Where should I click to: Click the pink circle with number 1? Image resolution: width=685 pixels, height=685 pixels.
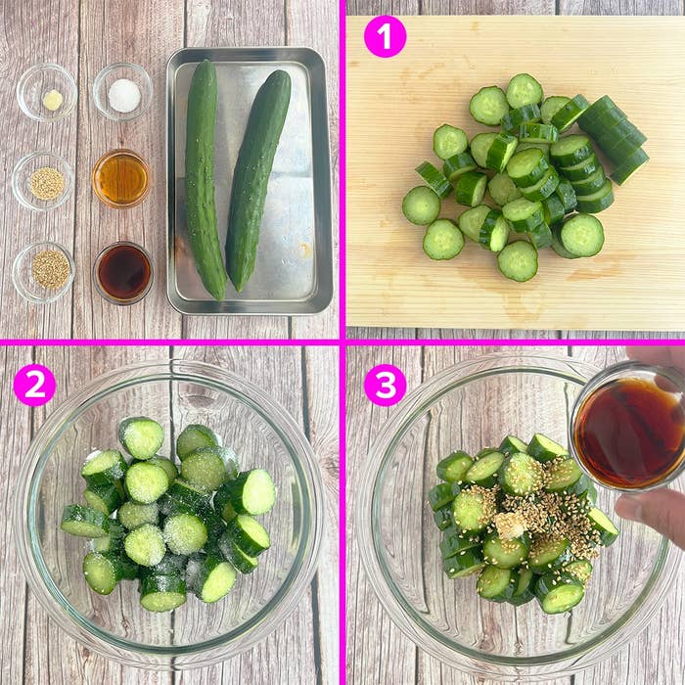tap(385, 36)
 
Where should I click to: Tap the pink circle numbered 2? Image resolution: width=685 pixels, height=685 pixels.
tap(34, 385)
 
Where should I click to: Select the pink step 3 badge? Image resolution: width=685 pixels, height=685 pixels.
tap(385, 385)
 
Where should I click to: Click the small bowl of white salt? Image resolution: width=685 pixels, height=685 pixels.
tap(123, 93)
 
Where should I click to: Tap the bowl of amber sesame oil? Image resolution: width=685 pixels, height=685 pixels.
tap(121, 178)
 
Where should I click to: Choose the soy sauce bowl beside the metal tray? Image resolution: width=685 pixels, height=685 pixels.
tap(123, 272)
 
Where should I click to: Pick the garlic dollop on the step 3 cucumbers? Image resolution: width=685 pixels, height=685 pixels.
tap(509, 525)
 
